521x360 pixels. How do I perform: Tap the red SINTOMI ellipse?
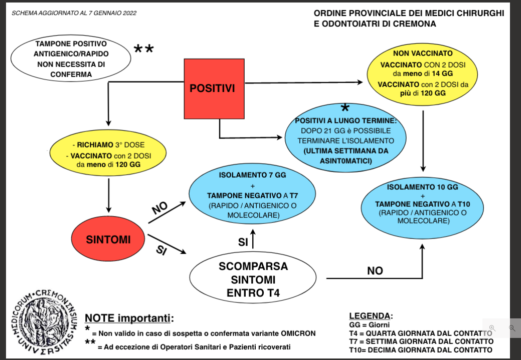pyautogui.click(x=108, y=240)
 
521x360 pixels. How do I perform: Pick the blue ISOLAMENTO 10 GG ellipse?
pyautogui.click(x=423, y=205)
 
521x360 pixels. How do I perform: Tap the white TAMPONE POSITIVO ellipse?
pyautogui.click(x=71, y=59)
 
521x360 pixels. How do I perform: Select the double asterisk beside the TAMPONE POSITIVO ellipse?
pyautogui.click(x=143, y=49)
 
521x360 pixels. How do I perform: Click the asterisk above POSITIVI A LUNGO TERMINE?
pyautogui.click(x=345, y=108)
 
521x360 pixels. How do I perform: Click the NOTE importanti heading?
pyautogui.click(x=130, y=318)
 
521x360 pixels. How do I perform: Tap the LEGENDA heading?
pyautogui.click(x=371, y=316)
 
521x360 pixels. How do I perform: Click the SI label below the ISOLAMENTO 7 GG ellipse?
pyautogui.click(x=243, y=242)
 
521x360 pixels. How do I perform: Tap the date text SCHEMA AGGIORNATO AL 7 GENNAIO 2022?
pyautogui.click(x=74, y=13)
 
